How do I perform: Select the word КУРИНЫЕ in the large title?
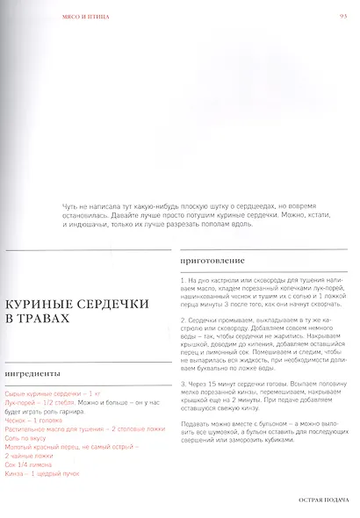pos(40,303)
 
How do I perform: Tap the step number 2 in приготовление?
pos(181,321)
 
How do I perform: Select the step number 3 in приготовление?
pos(181,383)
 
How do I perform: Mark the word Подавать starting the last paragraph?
pos(197,424)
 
